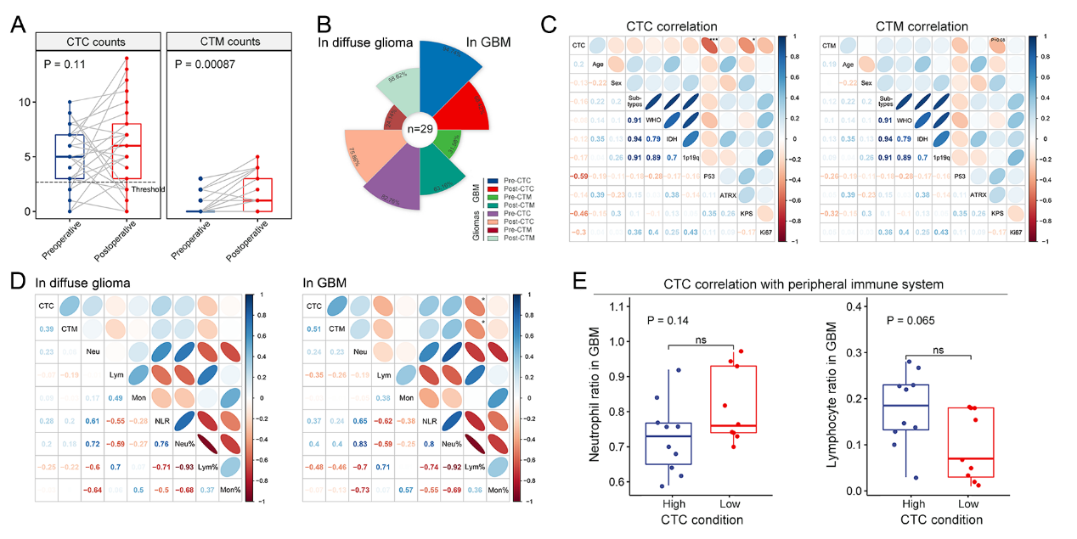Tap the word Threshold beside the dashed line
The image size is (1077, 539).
tap(148, 190)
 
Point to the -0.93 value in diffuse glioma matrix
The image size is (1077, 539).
tap(180, 468)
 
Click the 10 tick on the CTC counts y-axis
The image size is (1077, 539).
tap(25, 102)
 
